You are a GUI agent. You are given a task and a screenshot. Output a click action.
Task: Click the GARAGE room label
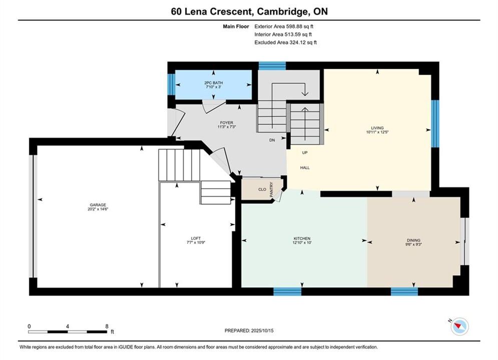coord(98,205)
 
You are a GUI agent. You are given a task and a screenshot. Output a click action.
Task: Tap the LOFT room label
coord(196,238)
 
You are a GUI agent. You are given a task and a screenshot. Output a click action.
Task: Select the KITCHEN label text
coord(302,238)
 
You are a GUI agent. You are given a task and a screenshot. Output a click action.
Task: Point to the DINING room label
coord(413,240)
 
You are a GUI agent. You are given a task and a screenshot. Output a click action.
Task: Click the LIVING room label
coord(377,128)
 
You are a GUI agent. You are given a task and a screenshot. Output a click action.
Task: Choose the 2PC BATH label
coord(213,83)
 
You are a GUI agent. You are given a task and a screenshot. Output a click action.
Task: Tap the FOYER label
coord(226,122)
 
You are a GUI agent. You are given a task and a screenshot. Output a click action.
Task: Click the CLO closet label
coord(262,189)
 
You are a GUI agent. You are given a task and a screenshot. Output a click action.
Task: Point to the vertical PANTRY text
coord(271,189)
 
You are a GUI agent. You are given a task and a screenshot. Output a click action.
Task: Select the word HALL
coord(305,167)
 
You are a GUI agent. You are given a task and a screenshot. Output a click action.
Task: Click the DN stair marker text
coord(272,140)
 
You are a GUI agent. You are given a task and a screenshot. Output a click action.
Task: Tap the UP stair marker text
coord(305,152)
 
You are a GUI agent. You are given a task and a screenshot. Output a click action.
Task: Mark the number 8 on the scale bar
coord(107,326)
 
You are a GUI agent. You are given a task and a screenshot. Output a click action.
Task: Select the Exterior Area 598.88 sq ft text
coord(284,26)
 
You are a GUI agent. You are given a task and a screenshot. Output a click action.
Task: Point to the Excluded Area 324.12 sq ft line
coord(285,42)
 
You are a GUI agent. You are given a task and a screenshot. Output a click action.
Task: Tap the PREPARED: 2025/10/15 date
coord(249,330)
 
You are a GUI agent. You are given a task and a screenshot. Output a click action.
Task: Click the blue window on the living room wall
coord(435,123)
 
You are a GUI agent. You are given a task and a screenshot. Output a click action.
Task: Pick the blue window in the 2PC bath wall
coord(171,84)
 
